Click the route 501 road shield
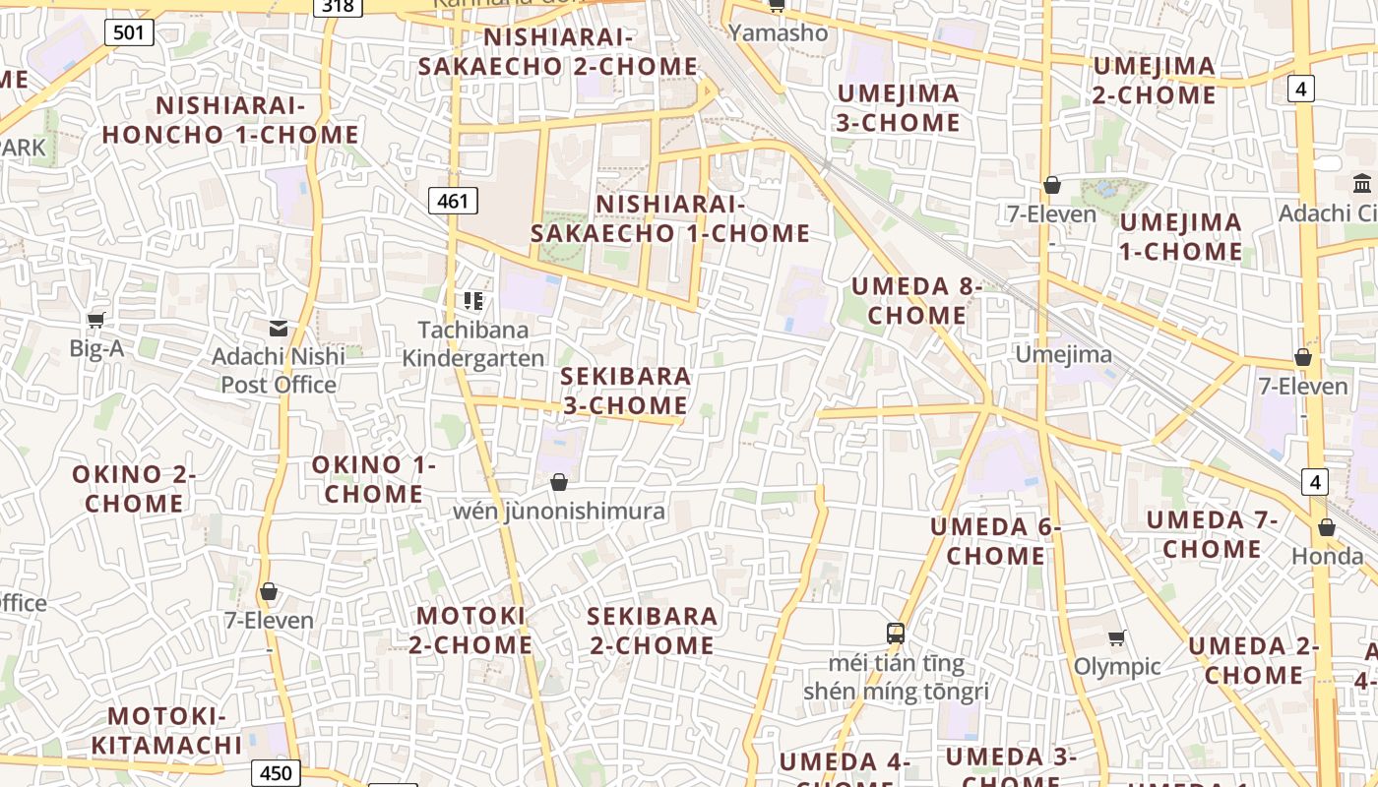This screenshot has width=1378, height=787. pyautogui.click(x=129, y=32)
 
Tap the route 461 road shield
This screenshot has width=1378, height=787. pyautogui.click(x=453, y=202)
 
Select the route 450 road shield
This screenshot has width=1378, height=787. pyautogui.click(x=276, y=773)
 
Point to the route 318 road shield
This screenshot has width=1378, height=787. pyautogui.click(x=338, y=6)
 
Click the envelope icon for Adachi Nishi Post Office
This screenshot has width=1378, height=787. pyautogui.click(x=279, y=328)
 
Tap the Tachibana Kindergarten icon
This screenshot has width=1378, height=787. pyautogui.click(x=473, y=300)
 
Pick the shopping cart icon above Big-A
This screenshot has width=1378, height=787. pyautogui.click(x=96, y=320)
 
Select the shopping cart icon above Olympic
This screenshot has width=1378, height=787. pyautogui.click(x=1116, y=638)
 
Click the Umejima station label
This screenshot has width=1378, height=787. pyautogui.click(x=1063, y=354)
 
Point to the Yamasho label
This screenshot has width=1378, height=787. pyautogui.click(x=778, y=32)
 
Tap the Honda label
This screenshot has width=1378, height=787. pyautogui.click(x=1327, y=556)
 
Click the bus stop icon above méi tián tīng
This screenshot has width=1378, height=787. pyautogui.click(x=896, y=634)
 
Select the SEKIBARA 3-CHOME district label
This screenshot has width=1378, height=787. pyautogui.click(x=626, y=391)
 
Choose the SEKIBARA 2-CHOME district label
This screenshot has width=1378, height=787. pyautogui.click(x=652, y=631)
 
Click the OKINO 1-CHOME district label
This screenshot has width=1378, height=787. pyautogui.click(x=374, y=479)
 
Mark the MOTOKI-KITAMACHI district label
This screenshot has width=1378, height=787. pyautogui.click(x=166, y=731)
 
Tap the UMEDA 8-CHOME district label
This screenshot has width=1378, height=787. pyautogui.click(x=917, y=301)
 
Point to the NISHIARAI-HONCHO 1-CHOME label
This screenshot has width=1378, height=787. pyautogui.click(x=230, y=119)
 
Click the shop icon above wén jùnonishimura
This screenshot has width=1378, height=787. pyautogui.click(x=559, y=482)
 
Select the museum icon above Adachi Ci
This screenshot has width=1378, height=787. pyautogui.click(x=1363, y=183)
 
